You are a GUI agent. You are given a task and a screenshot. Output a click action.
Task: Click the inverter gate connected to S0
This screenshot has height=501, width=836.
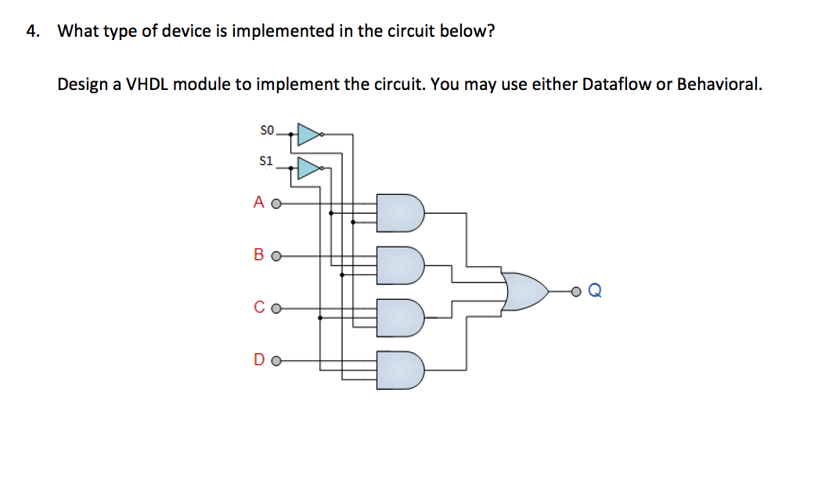click(x=308, y=134)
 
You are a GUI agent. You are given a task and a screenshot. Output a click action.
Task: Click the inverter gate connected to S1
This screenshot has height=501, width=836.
click(x=309, y=168)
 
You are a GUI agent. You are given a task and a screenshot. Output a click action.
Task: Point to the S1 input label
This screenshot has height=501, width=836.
click(x=266, y=161)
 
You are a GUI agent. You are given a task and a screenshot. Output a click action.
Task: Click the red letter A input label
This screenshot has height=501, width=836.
click(x=259, y=203)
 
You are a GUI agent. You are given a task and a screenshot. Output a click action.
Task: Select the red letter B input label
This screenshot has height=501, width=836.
click(x=259, y=255)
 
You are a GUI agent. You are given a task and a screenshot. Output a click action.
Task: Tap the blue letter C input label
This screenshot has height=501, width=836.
click(x=259, y=308)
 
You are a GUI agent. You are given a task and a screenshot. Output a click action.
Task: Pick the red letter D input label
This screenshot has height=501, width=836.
click(x=259, y=361)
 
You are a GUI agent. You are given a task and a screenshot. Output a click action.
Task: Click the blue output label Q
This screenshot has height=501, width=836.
click(x=594, y=292)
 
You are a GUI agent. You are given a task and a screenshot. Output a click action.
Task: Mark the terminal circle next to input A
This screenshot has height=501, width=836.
click(x=275, y=204)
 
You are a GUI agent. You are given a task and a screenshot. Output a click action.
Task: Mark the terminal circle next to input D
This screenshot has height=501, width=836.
click(x=275, y=362)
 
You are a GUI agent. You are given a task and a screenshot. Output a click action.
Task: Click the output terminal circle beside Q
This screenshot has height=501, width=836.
click(x=576, y=292)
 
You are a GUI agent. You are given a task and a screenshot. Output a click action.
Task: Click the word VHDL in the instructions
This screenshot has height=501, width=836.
click(x=148, y=85)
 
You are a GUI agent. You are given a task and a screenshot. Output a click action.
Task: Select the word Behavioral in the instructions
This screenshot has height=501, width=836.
click(x=719, y=85)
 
